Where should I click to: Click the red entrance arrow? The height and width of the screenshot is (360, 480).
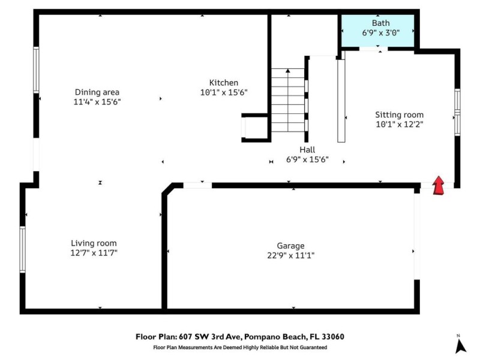(x=439, y=185)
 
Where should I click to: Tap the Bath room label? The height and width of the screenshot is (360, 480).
(x=380, y=23)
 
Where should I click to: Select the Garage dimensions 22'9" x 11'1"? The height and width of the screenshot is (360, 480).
(x=290, y=256)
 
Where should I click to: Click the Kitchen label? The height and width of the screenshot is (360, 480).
(x=223, y=83)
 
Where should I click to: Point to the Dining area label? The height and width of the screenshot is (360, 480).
(x=97, y=92)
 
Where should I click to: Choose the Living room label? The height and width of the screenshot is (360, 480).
(x=94, y=244)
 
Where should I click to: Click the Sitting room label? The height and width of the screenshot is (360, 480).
(x=399, y=115)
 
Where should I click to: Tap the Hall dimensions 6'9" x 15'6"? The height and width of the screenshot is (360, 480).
(x=307, y=160)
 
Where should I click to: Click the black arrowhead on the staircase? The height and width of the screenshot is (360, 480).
(x=288, y=71)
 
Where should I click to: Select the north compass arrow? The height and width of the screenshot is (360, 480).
(x=460, y=347)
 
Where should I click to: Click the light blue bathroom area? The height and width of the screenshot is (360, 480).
(x=378, y=31)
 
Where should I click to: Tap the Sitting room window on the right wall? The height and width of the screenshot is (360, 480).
(x=457, y=112)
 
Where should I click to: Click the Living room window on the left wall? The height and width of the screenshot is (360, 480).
(x=22, y=249)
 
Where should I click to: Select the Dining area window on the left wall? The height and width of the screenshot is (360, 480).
(x=36, y=70)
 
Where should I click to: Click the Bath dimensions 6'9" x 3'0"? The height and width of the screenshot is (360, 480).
(x=381, y=33)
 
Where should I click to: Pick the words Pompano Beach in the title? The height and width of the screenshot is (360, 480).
(x=275, y=337)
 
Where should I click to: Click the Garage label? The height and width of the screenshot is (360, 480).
(x=290, y=246)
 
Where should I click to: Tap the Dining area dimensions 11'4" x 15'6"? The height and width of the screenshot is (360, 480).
(x=97, y=102)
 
